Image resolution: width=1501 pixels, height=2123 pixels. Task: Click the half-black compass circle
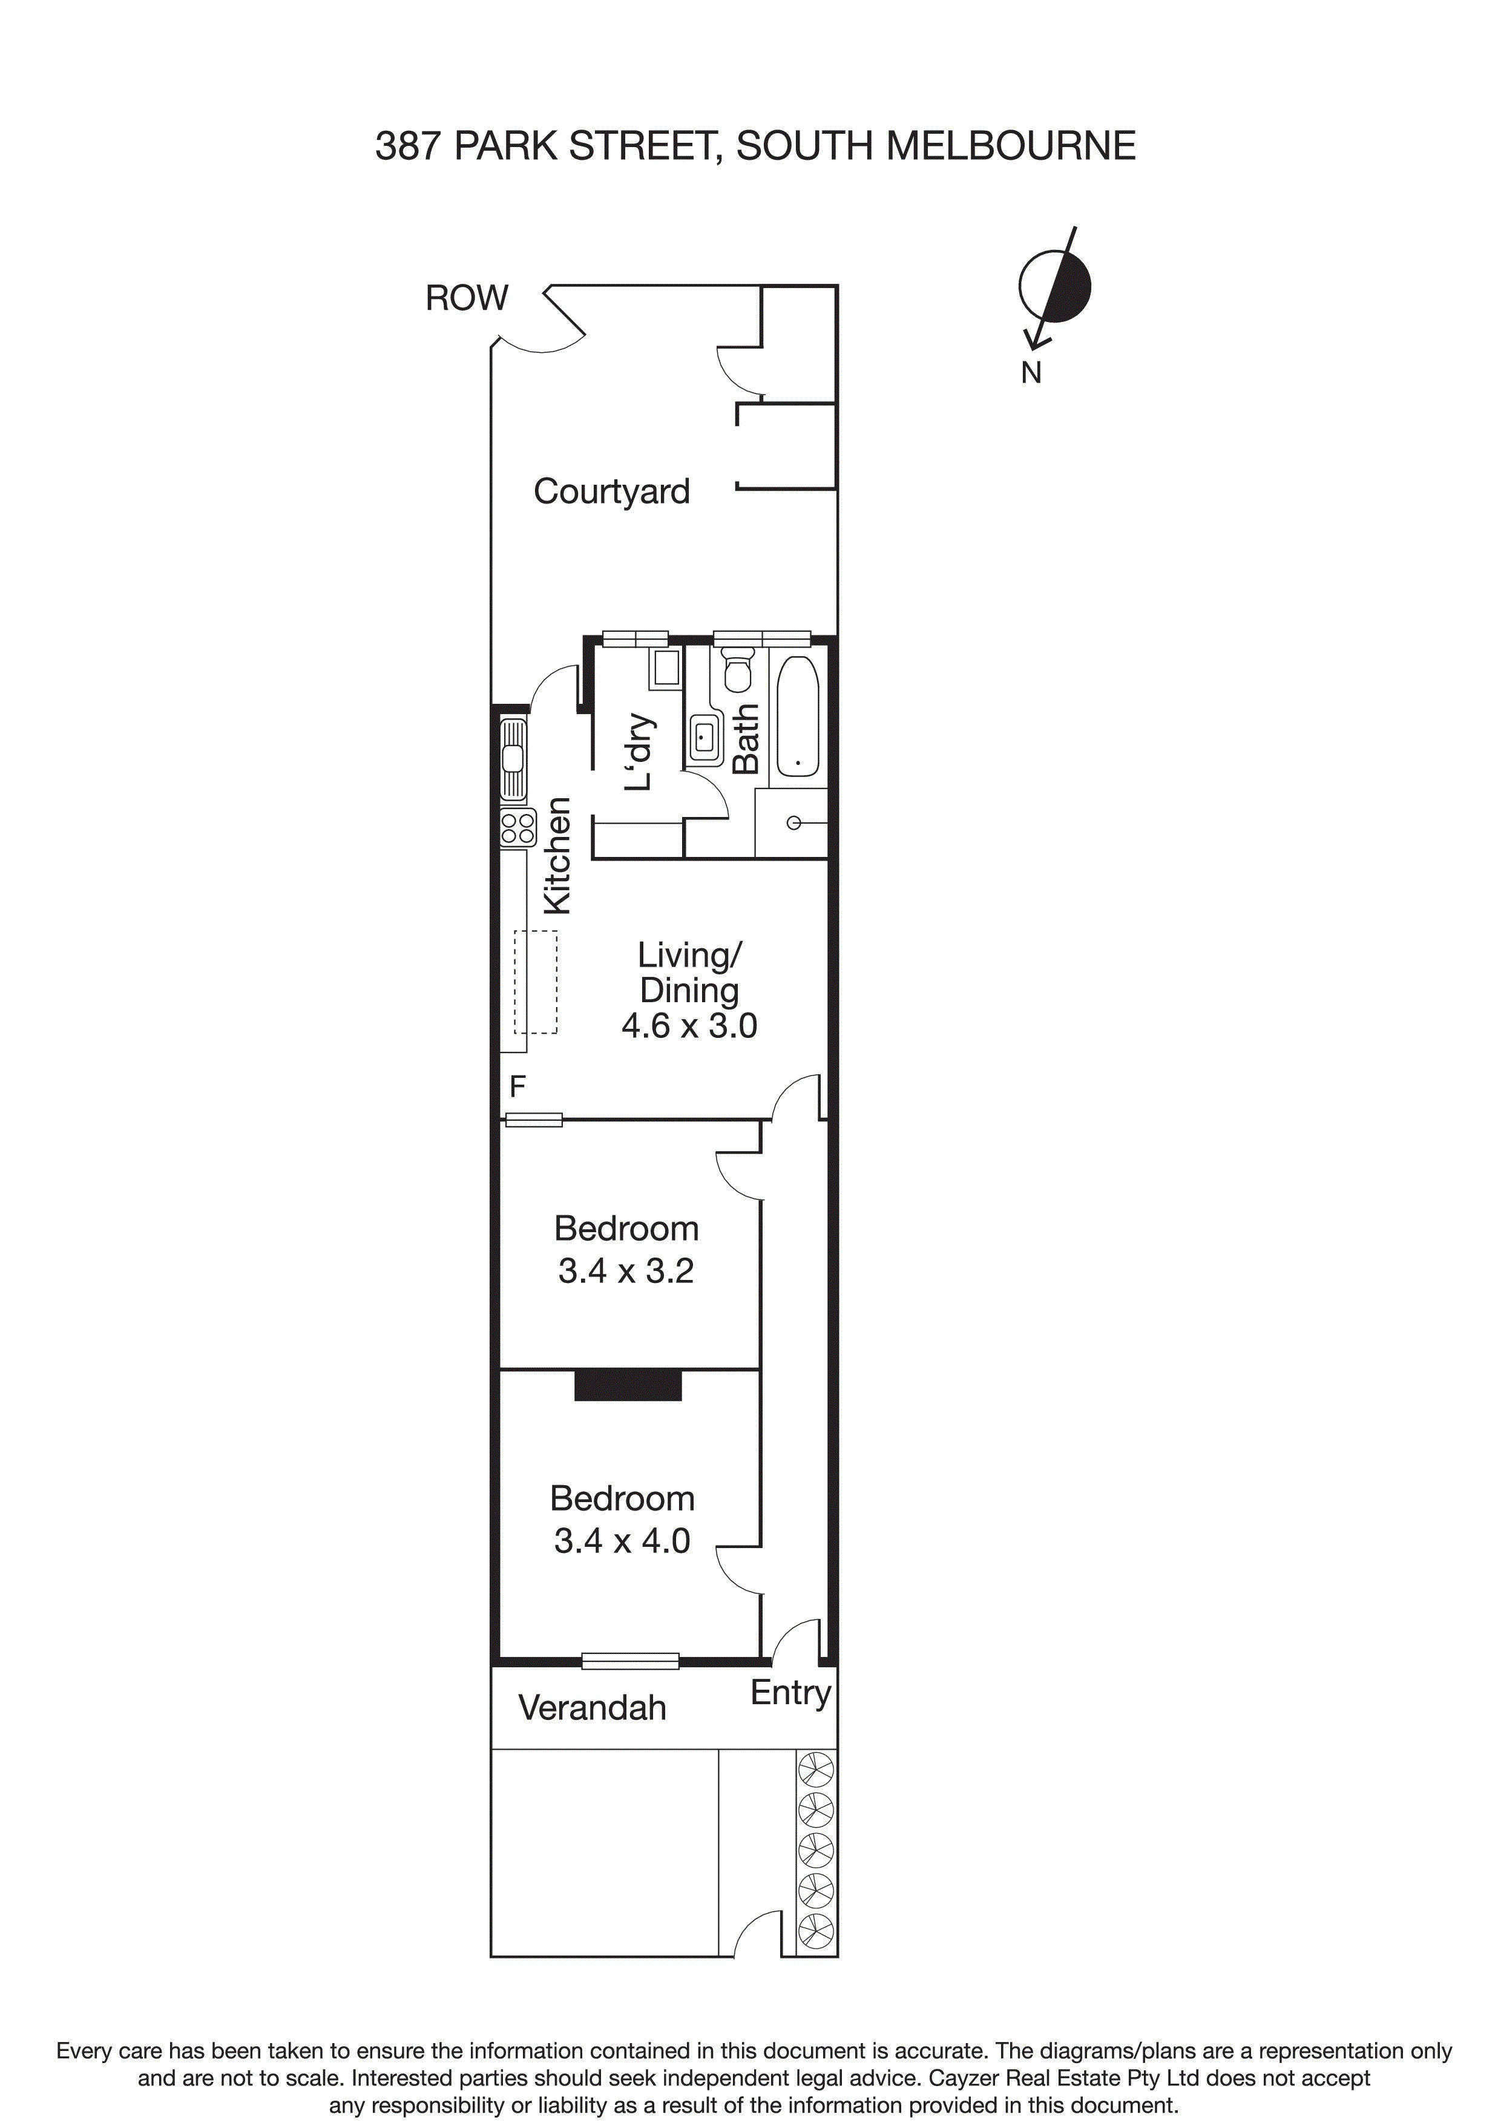[x=1054, y=286]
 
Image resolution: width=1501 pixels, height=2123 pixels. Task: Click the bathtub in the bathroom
[x=797, y=717]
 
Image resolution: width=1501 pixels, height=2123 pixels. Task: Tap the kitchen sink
[x=513, y=759]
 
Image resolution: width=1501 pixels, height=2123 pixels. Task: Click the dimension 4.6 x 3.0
[x=689, y=1025]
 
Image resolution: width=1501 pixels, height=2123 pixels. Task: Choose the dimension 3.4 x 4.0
[x=622, y=1540]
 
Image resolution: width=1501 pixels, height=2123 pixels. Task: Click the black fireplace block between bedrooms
[x=628, y=1384]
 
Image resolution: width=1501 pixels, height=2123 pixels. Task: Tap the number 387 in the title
[x=408, y=146]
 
